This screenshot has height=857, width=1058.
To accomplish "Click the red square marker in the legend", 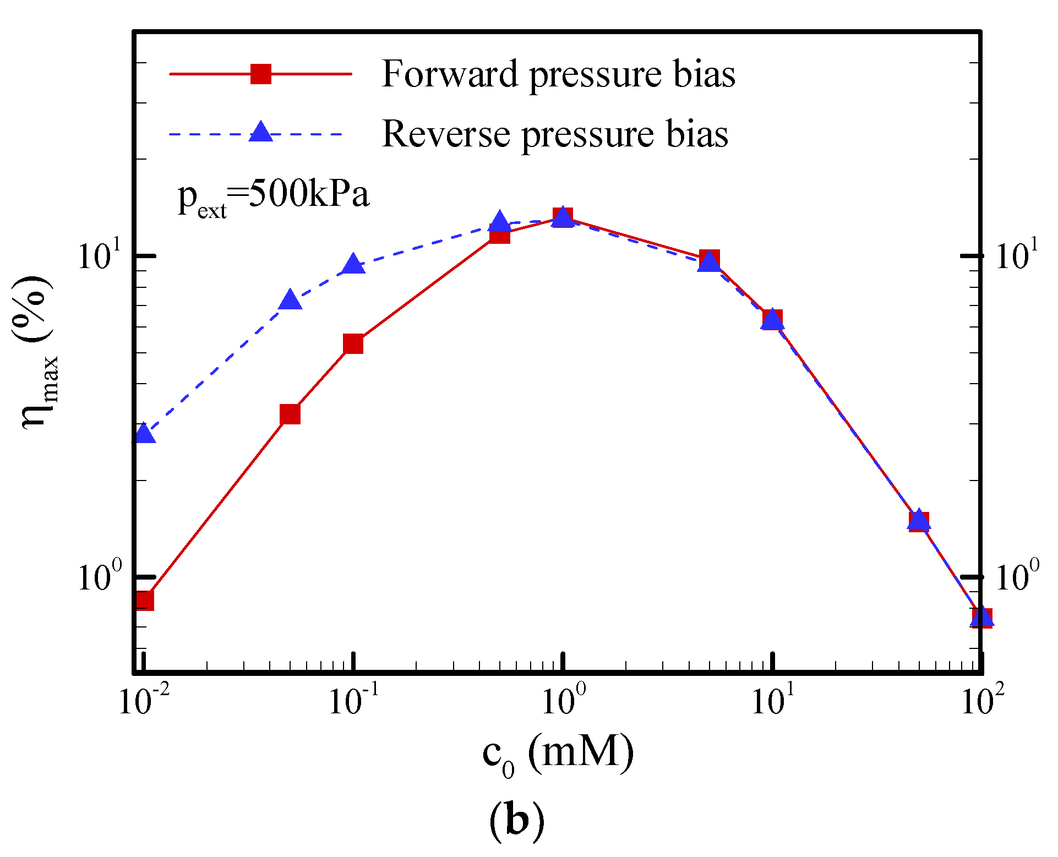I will click(260, 73).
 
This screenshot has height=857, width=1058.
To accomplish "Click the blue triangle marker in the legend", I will click(260, 133).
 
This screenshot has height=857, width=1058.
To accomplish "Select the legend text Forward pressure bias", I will click(558, 74).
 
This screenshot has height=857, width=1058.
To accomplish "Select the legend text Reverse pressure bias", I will click(555, 134).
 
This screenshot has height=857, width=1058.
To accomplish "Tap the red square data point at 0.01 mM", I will click(144, 601).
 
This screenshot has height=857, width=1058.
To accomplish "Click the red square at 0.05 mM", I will click(290, 414).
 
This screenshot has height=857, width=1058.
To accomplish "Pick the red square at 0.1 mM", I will click(353, 344).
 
